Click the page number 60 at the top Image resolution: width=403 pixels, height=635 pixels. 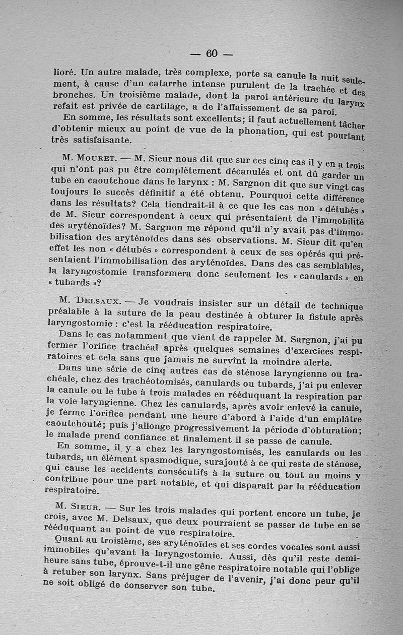click(211, 54)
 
